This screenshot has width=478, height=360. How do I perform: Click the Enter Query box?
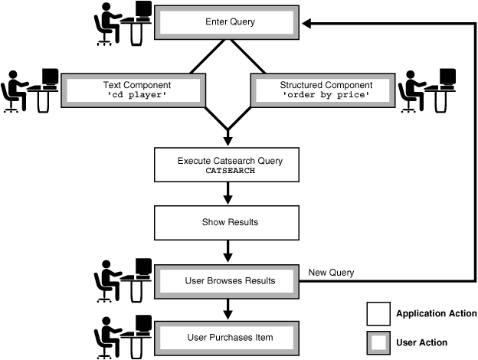pos(230,22)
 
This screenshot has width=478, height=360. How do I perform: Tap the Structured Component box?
pos(326,90)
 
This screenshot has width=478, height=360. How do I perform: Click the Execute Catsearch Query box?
pos(230,165)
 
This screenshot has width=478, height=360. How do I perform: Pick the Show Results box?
pos(230,222)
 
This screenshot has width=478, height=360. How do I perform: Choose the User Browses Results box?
pos(230,280)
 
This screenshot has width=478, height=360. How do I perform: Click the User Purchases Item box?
pos(230,337)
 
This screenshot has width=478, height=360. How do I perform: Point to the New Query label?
pos(331,272)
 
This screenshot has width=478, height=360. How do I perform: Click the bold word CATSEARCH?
pos(230,172)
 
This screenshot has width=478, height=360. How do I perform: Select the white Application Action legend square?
pos(378,314)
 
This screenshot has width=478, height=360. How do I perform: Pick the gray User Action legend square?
pos(378,342)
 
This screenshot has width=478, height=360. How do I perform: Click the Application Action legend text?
pos(436,314)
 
